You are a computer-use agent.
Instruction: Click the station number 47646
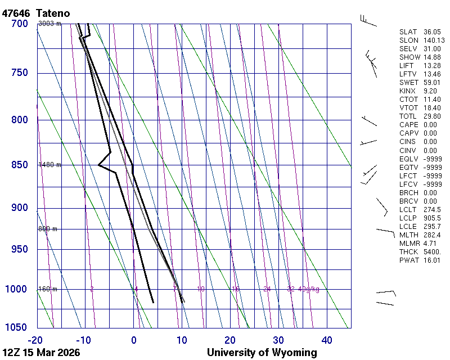[x=16, y=12]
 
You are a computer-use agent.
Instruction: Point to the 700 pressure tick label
[x=19, y=24]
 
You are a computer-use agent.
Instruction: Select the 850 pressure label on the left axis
[x=19, y=165]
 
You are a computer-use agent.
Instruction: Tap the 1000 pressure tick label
[x=16, y=289]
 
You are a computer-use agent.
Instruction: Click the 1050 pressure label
[x=16, y=328]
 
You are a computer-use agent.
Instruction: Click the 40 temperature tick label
[x=327, y=340]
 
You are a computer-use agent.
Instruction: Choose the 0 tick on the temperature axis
[x=134, y=340]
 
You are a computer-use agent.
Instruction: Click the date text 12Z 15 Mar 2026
[x=40, y=353]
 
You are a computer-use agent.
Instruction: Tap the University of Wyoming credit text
[x=262, y=353]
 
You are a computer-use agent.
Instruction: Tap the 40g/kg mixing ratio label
[x=308, y=289]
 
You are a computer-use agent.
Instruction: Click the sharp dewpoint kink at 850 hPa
[x=98, y=165]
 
